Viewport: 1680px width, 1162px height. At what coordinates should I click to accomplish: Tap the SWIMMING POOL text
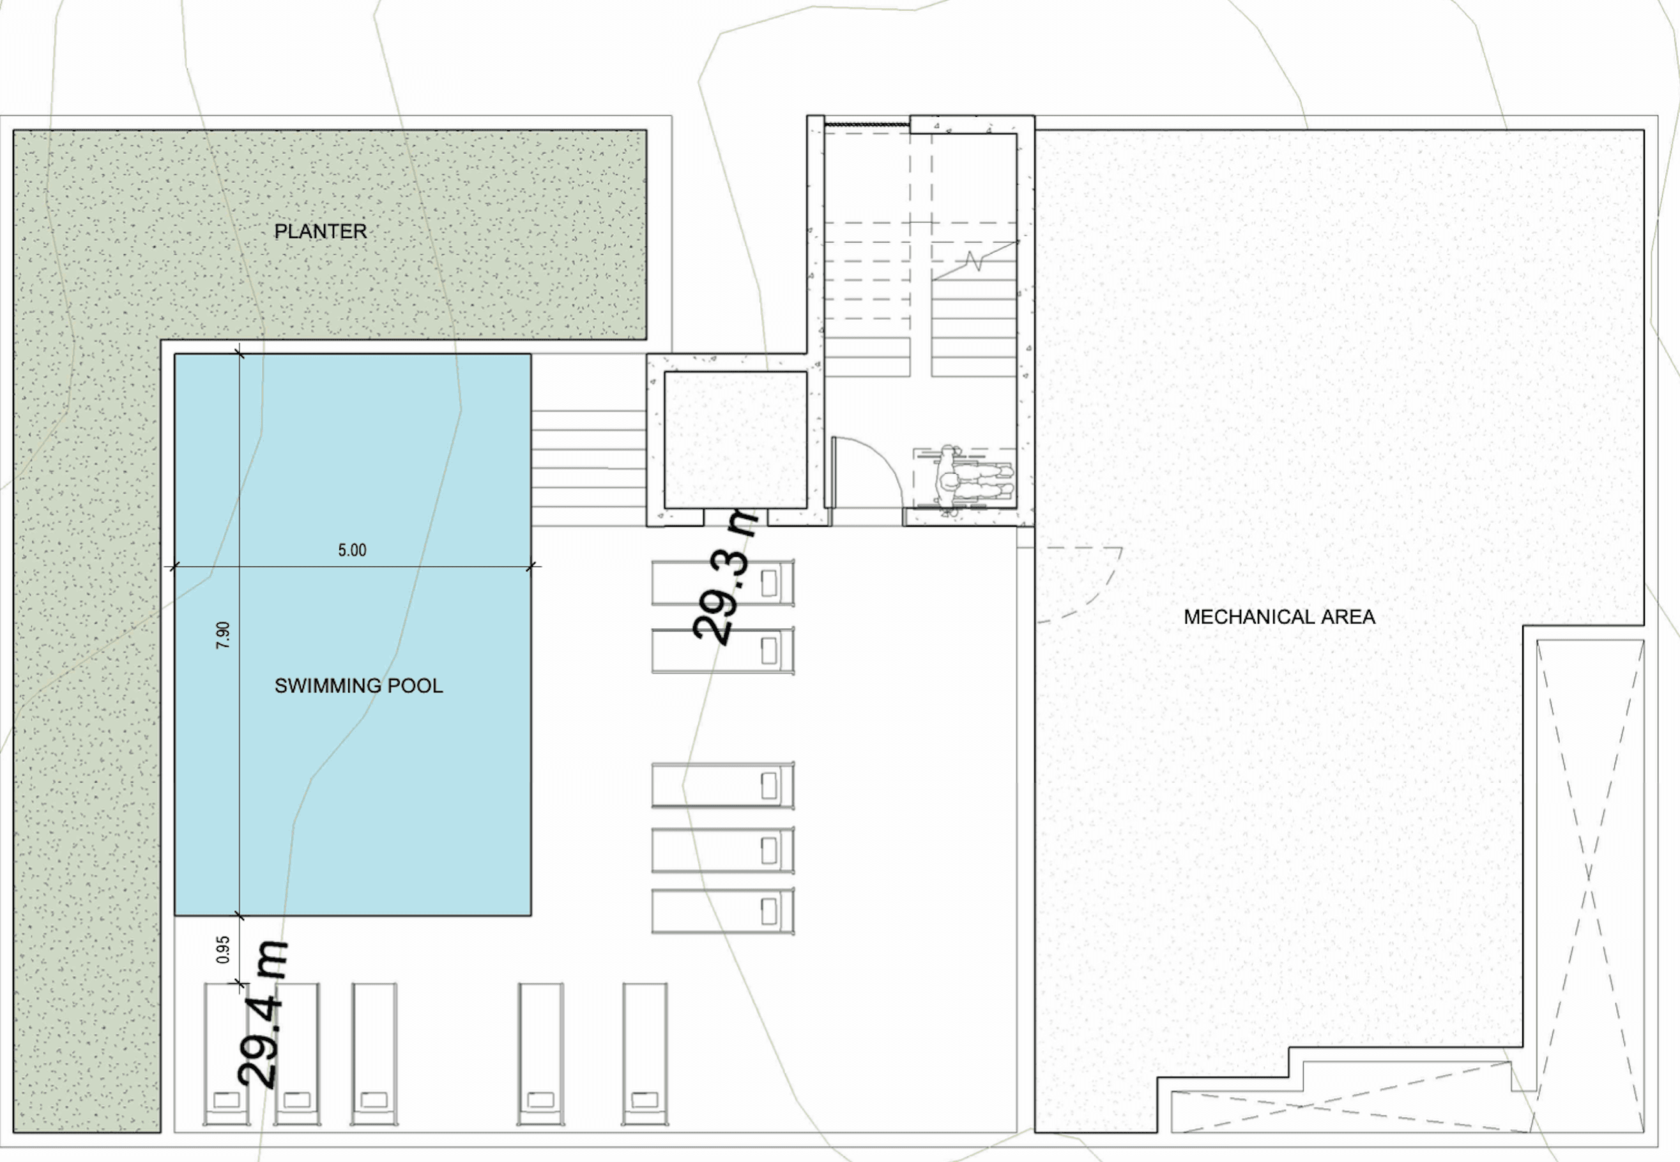[358, 686]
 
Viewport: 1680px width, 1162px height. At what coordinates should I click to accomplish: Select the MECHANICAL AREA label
[1279, 617]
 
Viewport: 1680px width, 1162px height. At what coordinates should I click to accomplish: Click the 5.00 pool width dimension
[352, 550]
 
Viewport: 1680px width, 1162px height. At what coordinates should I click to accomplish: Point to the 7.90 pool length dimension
[224, 635]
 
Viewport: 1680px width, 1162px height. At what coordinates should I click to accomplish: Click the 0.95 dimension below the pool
[224, 949]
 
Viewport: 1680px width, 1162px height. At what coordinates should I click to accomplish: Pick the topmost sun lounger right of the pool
[722, 582]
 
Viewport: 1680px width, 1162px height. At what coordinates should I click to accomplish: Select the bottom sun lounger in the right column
[722, 911]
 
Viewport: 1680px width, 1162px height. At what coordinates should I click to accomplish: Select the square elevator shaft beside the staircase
[735, 440]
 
